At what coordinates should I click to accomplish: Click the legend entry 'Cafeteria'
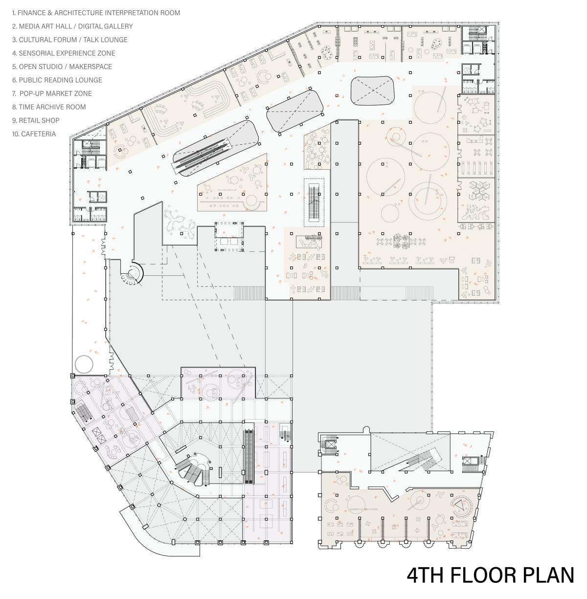[x=34, y=134]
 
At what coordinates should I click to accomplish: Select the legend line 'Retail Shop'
[x=36, y=121]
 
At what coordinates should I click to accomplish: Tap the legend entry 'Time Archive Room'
[x=49, y=107]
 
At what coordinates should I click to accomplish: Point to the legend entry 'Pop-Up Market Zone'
[x=52, y=93]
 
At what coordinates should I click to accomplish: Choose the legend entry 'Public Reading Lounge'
[x=57, y=80]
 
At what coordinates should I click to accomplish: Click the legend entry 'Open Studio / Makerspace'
[x=62, y=67]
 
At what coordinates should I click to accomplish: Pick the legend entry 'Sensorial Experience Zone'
[x=64, y=53]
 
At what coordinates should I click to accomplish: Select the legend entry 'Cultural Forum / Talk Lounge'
[x=69, y=40]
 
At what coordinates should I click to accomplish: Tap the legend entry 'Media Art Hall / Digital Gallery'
[x=72, y=26]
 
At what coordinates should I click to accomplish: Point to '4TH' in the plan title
[x=425, y=576]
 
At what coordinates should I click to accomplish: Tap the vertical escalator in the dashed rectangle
[x=314, y=202]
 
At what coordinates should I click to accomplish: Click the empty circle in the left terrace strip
[x=84, y=364]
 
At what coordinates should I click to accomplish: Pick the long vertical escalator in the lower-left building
[x=248, y=456]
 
